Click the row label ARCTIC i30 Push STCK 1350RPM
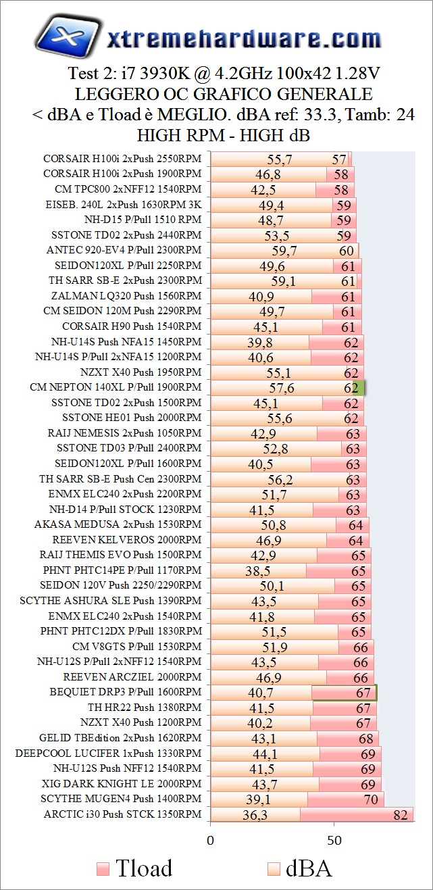coord(122,814)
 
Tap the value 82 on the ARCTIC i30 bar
coord(401,814)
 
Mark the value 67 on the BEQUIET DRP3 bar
coord(364,693)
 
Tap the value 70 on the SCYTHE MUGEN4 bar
coord(371,799)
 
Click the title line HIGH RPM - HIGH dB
coord(223,135)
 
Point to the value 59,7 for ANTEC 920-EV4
coord(284,251)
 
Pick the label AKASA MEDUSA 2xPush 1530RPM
coord(118,524)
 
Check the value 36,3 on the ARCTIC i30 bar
coord(255,815)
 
